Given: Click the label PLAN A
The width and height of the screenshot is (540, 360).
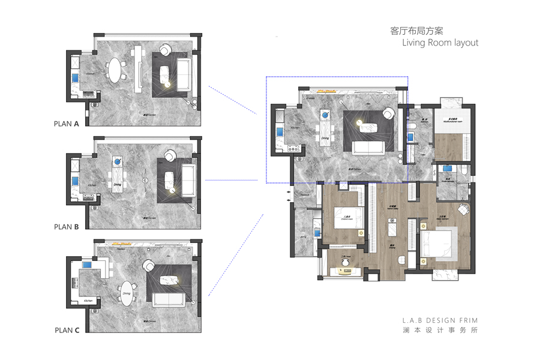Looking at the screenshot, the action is pos(67,124).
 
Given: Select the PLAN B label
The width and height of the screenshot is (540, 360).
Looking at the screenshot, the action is pos(67,227).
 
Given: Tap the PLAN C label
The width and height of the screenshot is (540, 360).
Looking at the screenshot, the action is pos(67,330).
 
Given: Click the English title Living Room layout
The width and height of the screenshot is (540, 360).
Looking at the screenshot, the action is pos(440,43).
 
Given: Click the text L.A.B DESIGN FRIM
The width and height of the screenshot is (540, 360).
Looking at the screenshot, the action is pos(440,320).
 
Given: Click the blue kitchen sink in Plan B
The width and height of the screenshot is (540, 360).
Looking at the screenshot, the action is pos(76,179).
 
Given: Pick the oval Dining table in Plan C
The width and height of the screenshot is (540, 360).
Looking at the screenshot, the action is pos(127,293).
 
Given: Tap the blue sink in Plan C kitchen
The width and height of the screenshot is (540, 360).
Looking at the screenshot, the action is pos(88,265).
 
